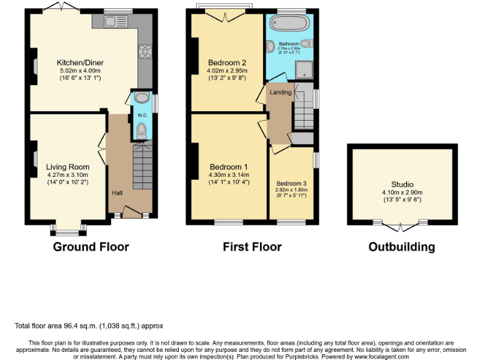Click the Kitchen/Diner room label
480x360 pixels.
pyautogui.click(x=80, y=62)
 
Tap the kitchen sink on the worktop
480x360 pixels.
pyautogui.click(x=115, y=22)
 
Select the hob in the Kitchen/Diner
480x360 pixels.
pyautogui.click(x=145, y=50)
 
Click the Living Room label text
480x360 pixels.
pyautogui.click(x=67, y=167)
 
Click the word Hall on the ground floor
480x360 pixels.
pyautogui.click(x=117, y=192)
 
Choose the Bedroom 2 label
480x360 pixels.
pyautogui.click(x=227, y=62)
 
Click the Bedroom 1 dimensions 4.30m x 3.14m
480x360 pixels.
pyautogui.click(x=229, y=175)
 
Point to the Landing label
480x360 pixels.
pyautogui.click(x=281, y=92)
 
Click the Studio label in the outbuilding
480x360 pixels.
pyautogui.click(x=402, y=184)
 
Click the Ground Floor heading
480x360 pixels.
pyautogui.click(x=91, y=247)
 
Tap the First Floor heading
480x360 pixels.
pyautogui.click(x=252, y=247)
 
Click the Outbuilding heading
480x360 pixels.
pyautogui.click(x=401, y=247)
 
